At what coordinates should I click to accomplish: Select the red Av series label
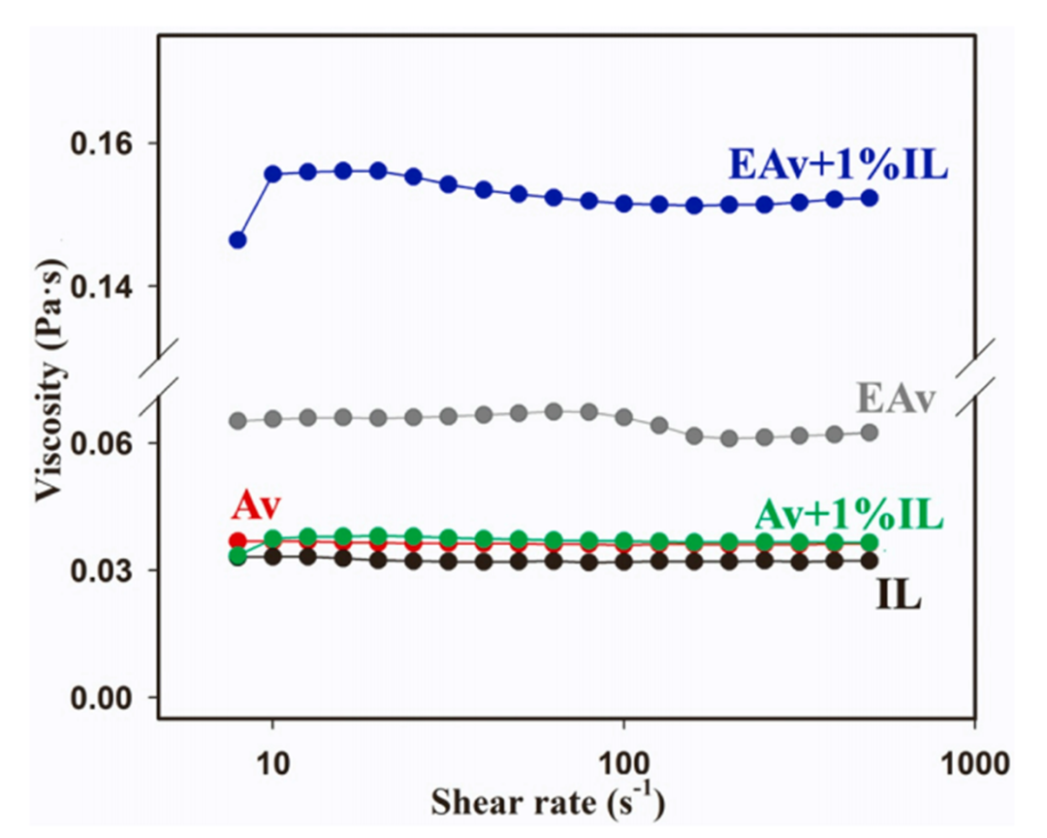coord(255,506)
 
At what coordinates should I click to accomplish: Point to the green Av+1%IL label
coord(848,511)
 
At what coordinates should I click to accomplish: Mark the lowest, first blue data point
coord(238,240)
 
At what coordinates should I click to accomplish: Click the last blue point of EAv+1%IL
coord(869,198)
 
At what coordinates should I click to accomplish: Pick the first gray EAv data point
coord(238,421)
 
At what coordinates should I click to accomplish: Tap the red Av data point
coord(238,541)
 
